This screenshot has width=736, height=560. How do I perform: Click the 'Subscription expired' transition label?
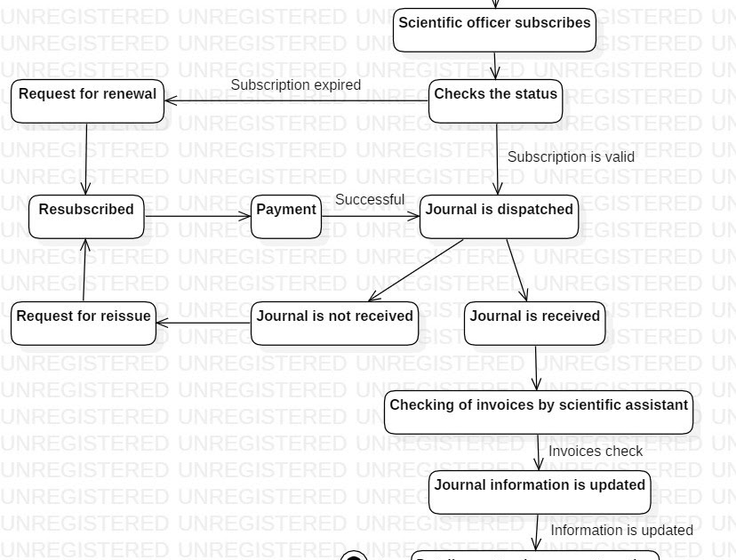tap(296, 85)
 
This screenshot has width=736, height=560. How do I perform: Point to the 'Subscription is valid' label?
tap(571, 157)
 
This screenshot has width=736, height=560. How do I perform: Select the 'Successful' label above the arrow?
tap(370, 200)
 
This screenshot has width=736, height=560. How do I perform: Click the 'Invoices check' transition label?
tap(595, 452)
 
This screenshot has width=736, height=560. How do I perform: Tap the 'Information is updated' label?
tap(621, 531)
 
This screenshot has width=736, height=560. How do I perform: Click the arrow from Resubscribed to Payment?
tap(197, 216)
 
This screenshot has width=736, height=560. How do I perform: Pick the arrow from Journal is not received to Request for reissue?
tap(204, 324)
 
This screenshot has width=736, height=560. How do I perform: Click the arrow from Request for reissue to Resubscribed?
tap(84, 270)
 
